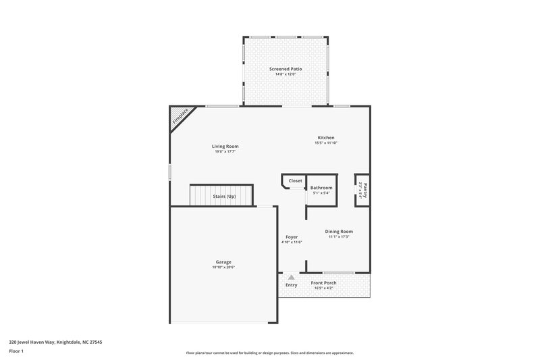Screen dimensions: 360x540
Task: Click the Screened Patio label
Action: (x=284, y=69)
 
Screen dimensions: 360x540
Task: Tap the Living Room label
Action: (x=225, y=146)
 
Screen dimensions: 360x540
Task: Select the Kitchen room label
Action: (x=325, y=138)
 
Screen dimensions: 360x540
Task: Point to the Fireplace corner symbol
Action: (x=178, y=116)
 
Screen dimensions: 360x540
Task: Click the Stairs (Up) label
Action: (x=224, y=196)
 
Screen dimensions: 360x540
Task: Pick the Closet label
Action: (x=295, y=181)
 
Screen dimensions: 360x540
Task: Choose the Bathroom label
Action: (x=321, y=187)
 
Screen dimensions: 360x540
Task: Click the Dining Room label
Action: (x=339, y=232)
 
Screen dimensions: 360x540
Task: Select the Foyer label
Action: (x=292, y=237)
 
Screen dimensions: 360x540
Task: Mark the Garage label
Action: (x=223, y=262)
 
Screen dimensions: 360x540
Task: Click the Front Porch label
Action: (x=323, y=283)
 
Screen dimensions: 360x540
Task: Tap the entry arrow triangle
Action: (x=291, y=276)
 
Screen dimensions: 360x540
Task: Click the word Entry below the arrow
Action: (x=291, y=285)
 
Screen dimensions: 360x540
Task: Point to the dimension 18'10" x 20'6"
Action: (x=223, y=267)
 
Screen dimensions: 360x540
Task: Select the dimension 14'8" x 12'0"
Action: (x=284, y=74)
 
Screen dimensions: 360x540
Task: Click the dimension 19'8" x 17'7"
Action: (x=225, y=151)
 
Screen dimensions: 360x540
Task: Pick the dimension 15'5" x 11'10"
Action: (x=325, y=143)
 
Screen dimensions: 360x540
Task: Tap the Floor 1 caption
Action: (x=17, y=351)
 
